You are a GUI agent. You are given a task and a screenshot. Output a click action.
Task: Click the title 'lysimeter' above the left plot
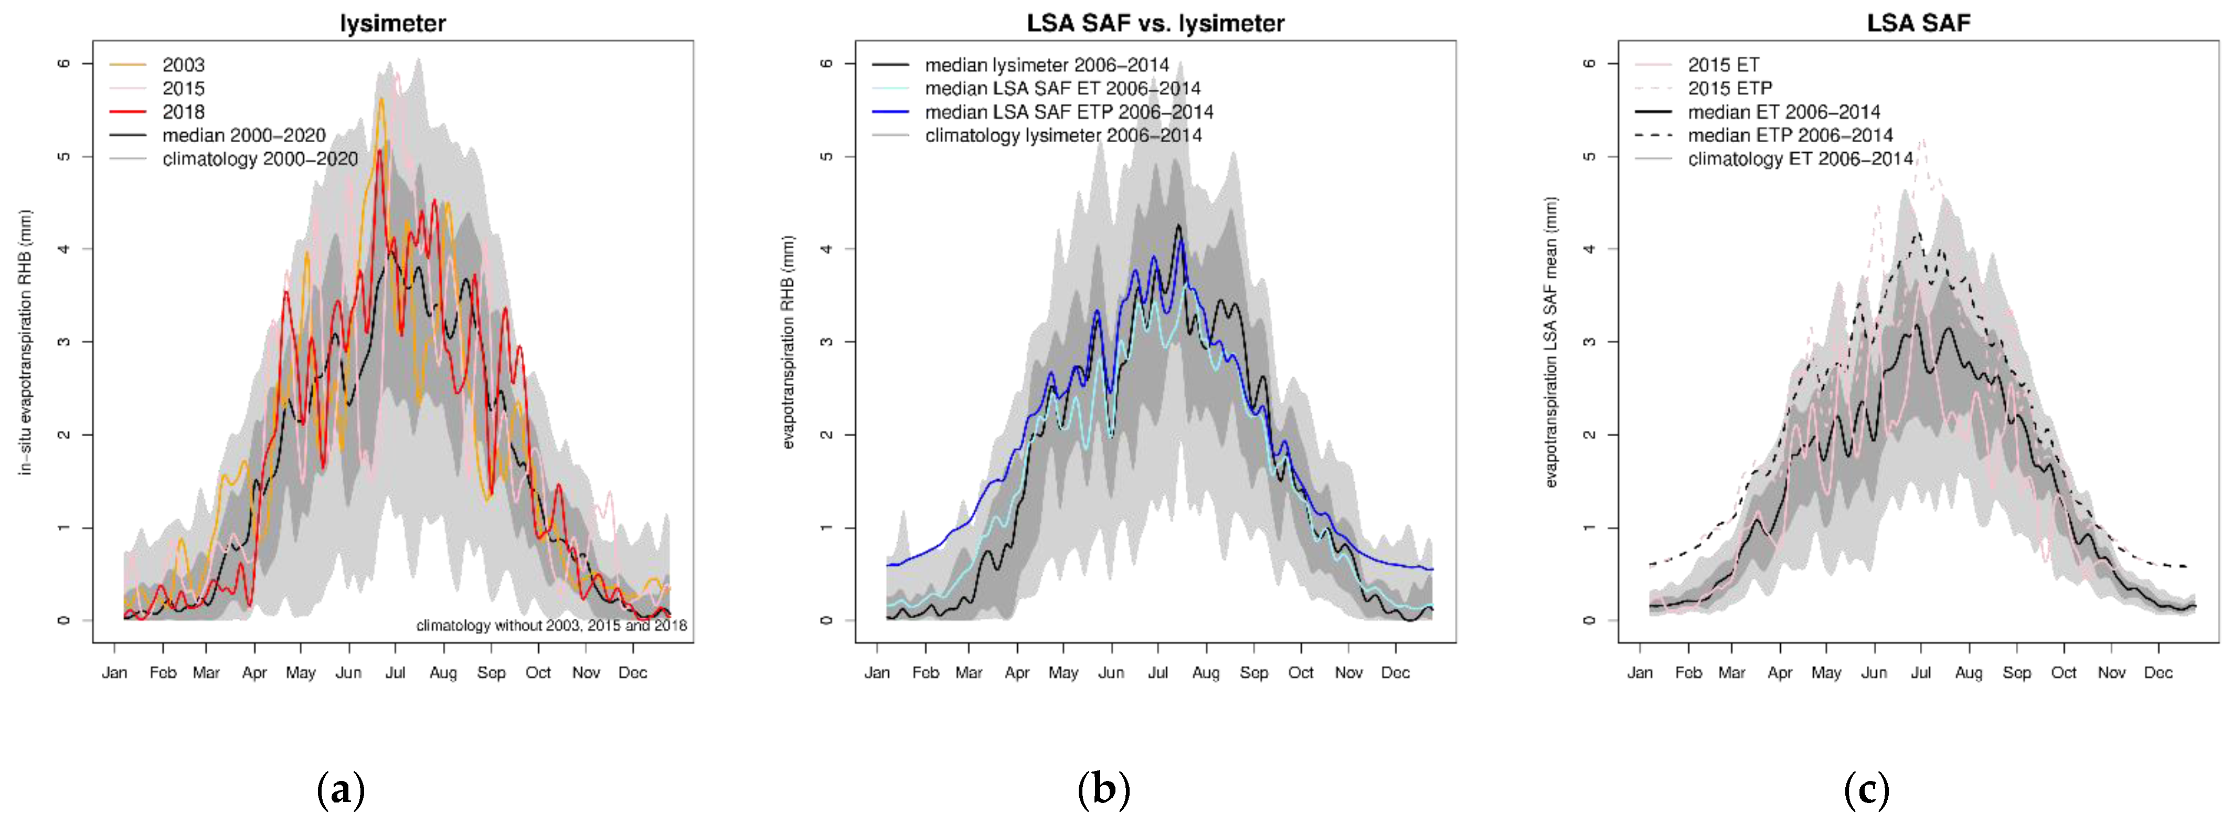tap(392, 24)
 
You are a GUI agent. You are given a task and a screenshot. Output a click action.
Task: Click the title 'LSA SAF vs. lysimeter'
tap(1155, 24)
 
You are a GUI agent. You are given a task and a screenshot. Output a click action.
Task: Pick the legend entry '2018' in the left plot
tap(183, 112)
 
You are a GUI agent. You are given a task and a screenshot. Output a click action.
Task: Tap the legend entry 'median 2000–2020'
tap(243, 135)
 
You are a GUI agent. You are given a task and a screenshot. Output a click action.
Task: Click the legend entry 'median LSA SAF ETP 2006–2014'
tap(1068, 112)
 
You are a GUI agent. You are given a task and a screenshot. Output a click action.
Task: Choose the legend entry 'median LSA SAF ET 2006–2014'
tap(1062, 89)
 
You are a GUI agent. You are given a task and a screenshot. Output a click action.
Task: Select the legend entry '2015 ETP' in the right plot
tap(1729, 89)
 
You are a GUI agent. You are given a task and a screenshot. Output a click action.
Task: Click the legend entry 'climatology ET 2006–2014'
tap(1800, 159)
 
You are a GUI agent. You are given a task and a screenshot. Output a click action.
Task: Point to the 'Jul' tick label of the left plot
tap(395, 673)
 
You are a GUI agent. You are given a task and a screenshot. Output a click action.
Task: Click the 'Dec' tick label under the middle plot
tap(1395, 673)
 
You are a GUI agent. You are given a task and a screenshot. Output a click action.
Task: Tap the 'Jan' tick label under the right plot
tap(1639, 673)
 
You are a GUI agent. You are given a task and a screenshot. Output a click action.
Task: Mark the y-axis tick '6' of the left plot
tap(64, 64)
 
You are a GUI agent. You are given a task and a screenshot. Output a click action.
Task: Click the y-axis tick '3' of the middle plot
tap(826, 342)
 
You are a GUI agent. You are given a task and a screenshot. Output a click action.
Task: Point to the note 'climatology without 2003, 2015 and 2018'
tap(551, 626)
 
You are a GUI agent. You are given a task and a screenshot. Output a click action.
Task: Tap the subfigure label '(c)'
tap(1866, 790)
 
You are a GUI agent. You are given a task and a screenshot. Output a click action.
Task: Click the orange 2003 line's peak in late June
tap(380, 100)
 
